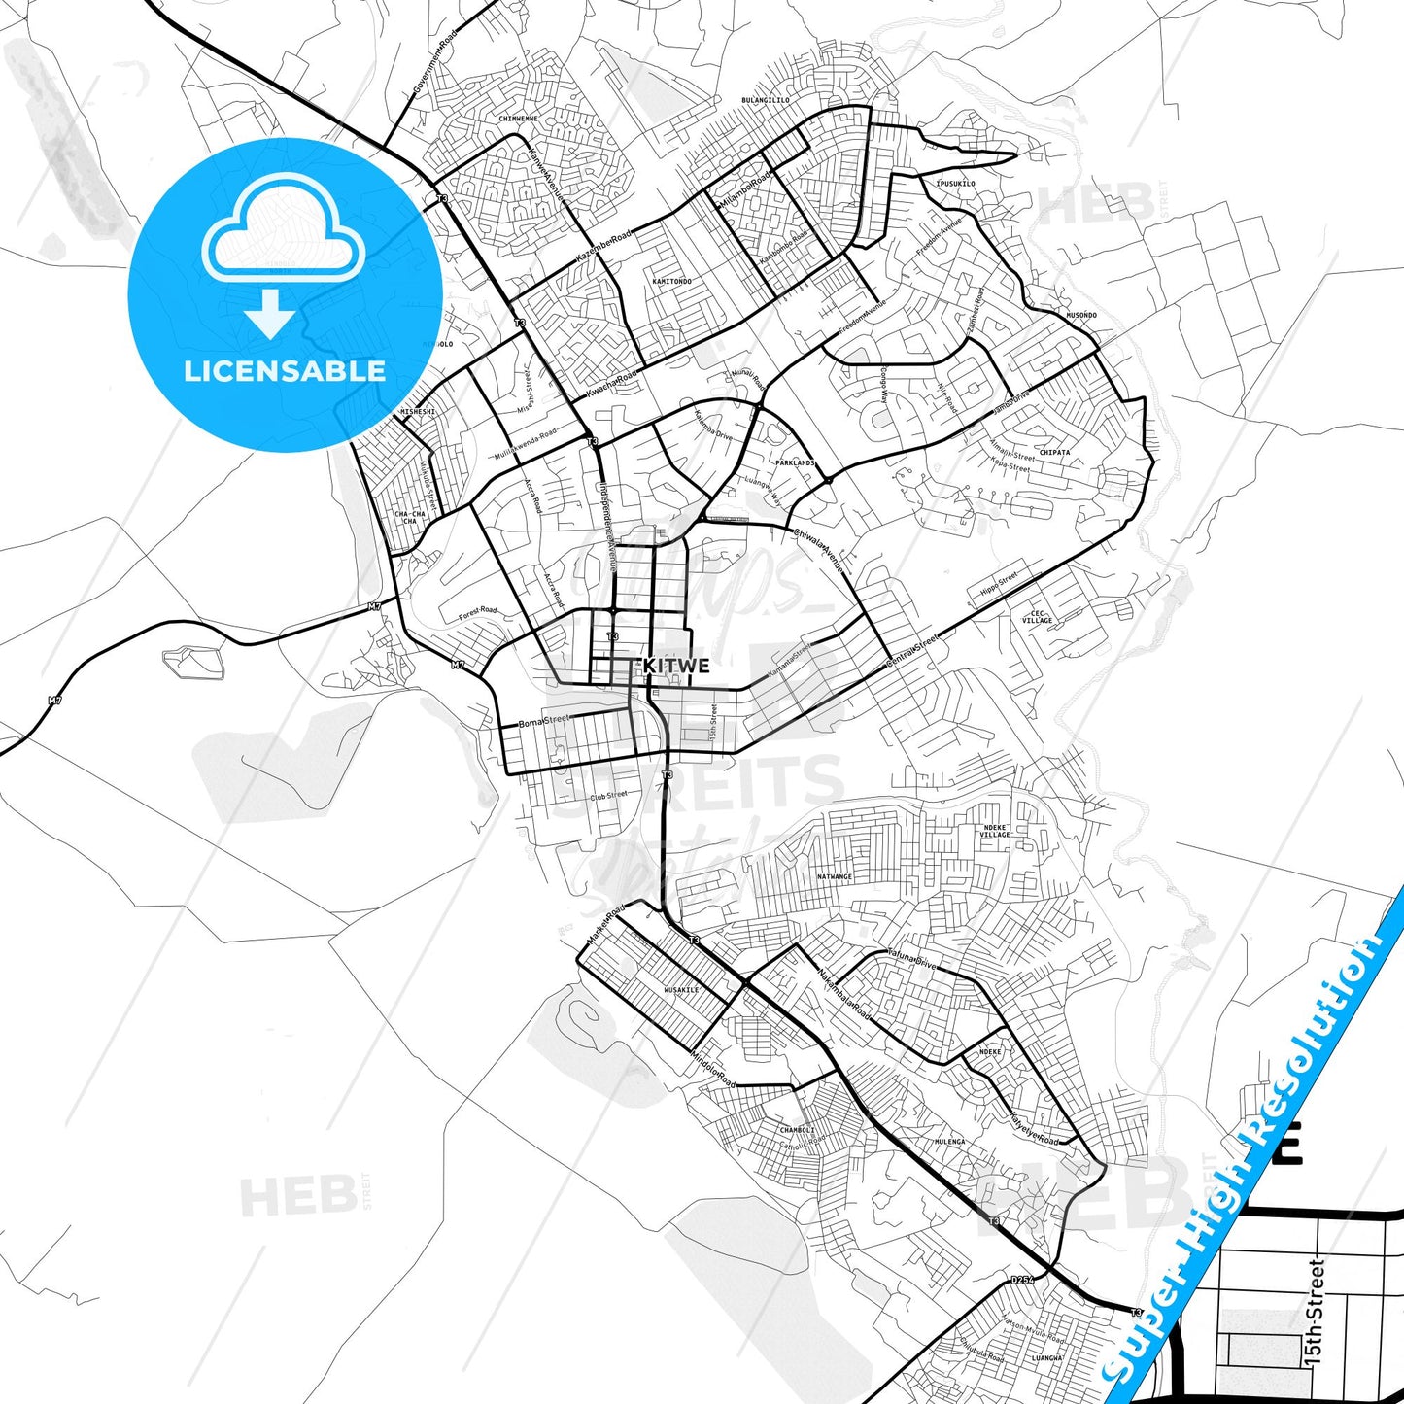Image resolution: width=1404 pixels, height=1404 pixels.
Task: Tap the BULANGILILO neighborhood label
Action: (766, 100)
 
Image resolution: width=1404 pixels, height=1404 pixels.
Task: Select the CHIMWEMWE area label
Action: (518, 119)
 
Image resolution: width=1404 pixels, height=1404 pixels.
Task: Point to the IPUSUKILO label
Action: (955, 184)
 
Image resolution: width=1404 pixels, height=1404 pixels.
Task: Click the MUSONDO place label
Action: (1081, 316)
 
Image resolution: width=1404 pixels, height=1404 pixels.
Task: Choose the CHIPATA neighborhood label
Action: (1054, 453)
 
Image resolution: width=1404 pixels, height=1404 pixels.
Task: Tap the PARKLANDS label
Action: (795, 463)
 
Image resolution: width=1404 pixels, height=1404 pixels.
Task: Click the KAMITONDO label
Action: (672, 282)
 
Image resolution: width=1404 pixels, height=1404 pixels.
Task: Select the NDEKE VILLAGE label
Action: (995, 831)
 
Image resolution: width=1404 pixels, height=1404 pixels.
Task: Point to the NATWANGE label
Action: (835, 877)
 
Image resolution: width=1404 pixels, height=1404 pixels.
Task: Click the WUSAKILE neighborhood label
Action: (681, 990)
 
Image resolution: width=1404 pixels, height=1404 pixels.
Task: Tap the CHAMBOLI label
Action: (797, 1130)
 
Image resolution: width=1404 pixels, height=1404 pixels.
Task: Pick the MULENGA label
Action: (949, 1142)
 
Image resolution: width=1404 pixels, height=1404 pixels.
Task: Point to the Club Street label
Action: (609, 795)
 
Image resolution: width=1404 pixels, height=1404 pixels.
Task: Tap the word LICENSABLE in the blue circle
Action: (285, 371)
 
